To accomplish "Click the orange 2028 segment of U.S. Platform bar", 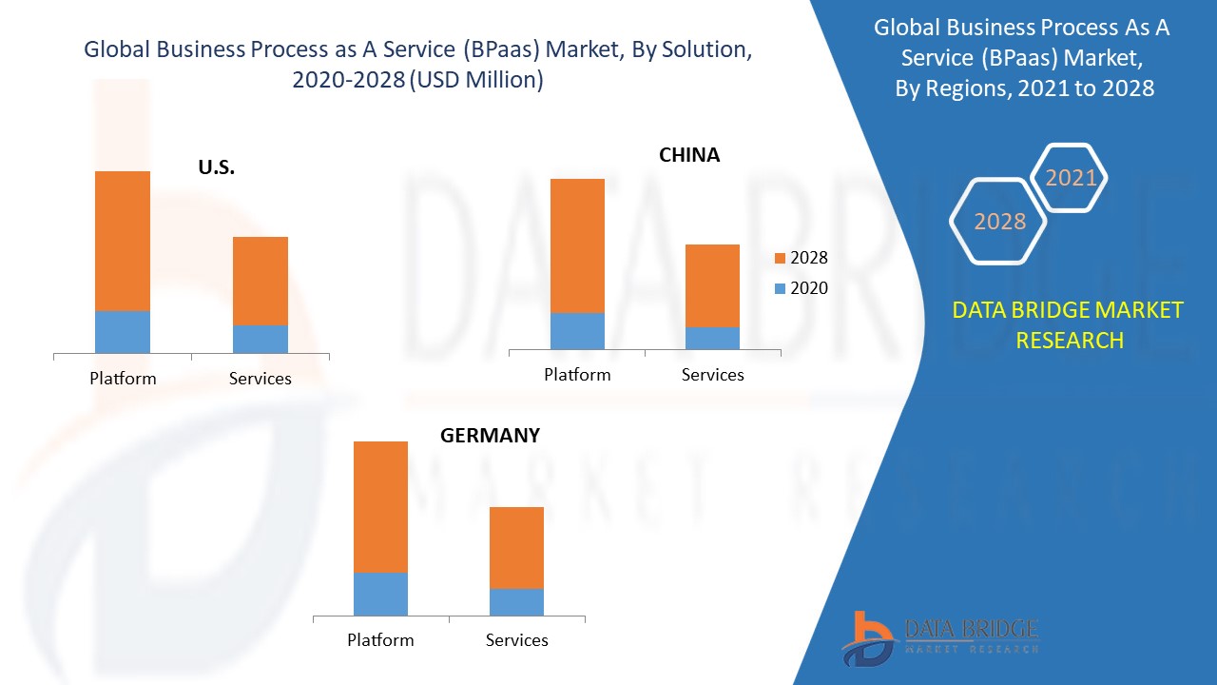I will point(123,241).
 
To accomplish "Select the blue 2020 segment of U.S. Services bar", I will point(261,339).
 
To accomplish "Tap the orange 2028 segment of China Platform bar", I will point(577,245).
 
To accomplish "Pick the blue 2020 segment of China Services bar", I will point(712,338).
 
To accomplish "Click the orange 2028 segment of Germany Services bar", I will point(516,547).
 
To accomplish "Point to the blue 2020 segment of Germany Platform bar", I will point(380,594).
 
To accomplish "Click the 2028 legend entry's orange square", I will point(781,258).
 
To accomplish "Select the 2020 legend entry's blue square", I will point(781,288).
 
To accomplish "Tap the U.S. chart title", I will point(216,167).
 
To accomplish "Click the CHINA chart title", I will point(689,154).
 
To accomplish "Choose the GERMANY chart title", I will point(490,435).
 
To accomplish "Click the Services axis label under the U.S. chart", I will point(260,379).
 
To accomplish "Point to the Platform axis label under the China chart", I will point(577,375).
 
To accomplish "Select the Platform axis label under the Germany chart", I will point(380,640).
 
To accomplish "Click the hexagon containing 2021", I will point(1071,178).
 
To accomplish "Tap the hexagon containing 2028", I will point(999,222).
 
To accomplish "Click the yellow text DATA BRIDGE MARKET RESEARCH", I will point(1069,324).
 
